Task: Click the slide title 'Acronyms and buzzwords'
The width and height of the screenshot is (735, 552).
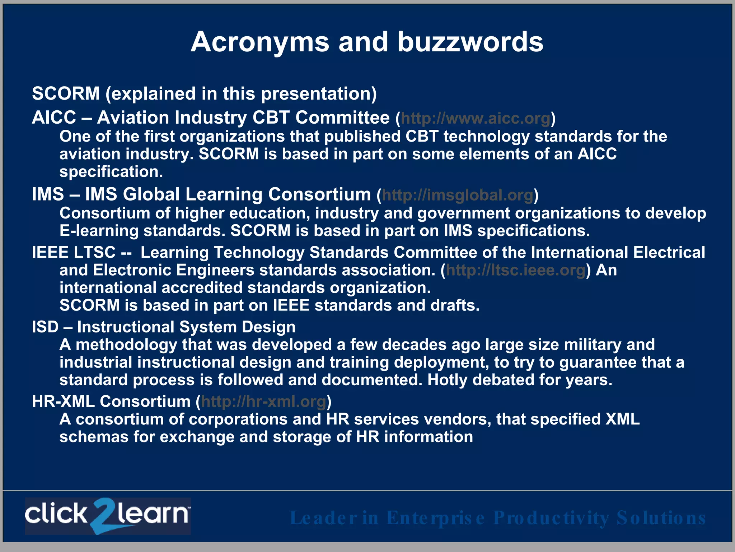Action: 367,42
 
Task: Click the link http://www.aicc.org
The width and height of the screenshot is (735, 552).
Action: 476,118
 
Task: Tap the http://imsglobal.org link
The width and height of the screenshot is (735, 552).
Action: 458,195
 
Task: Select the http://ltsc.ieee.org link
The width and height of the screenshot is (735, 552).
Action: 516,270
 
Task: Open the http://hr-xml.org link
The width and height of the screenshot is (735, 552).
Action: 263,402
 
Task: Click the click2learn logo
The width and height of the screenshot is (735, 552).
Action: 108,516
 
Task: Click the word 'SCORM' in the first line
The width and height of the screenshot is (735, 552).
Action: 66,94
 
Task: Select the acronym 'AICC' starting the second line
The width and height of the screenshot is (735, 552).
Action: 54,118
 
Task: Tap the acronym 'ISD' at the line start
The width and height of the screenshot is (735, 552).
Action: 45,327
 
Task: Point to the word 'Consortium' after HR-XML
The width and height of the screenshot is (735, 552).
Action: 145,401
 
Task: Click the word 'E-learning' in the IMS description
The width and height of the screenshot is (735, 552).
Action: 99,231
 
